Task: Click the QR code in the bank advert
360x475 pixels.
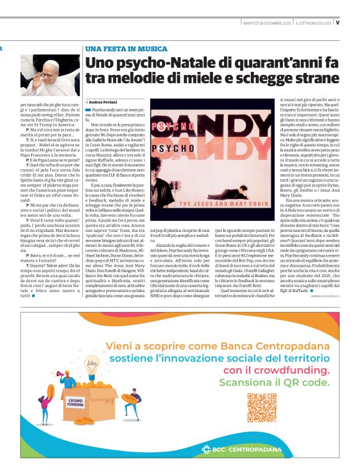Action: pos(262,407)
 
